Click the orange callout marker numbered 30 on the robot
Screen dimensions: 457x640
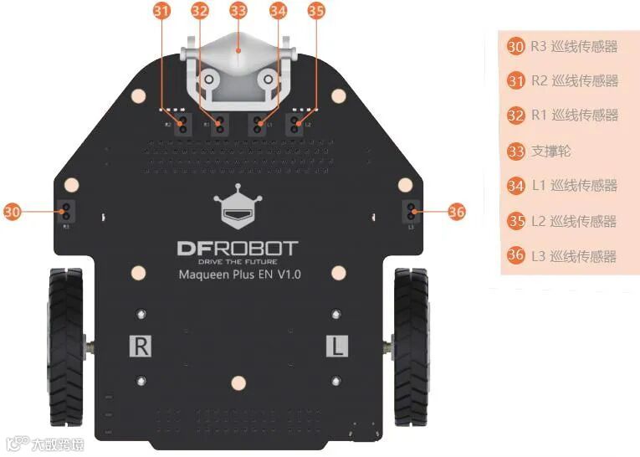[12, 213]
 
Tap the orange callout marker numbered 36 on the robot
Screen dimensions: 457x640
[456, 213]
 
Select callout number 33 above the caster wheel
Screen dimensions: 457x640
[238, 11]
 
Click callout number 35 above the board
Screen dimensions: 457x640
[315, 11]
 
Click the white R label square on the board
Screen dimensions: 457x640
[141, 347]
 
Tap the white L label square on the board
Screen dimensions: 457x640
[336, 347]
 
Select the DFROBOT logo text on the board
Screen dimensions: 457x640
[238, 248]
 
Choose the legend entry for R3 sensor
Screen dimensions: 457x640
[564, 47]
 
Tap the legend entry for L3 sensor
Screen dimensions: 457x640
[564, 256]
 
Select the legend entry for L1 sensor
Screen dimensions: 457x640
[564, 186]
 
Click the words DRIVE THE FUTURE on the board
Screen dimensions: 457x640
[238, 261]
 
